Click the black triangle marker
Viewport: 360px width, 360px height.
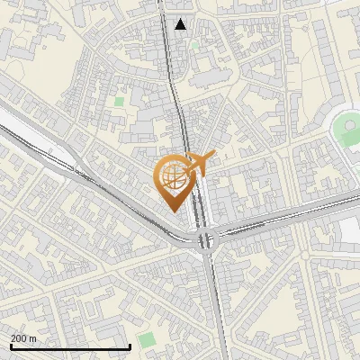[181, 24]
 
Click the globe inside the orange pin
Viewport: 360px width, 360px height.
[172, 177]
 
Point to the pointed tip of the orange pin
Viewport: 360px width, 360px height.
[173, 210]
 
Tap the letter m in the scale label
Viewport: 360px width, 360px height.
[33, 338]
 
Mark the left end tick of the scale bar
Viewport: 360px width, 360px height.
[10, 346]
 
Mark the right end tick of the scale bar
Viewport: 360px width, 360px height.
[130, 346]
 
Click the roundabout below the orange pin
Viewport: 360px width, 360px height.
[208, 240]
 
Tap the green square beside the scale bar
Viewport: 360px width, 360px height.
[146, 339]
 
